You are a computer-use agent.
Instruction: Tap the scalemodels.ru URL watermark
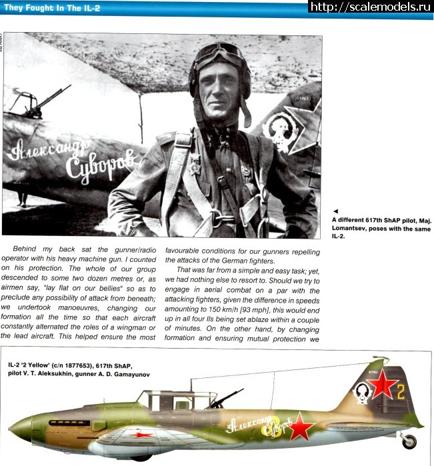pyautogui.click(x=371, y=7)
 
